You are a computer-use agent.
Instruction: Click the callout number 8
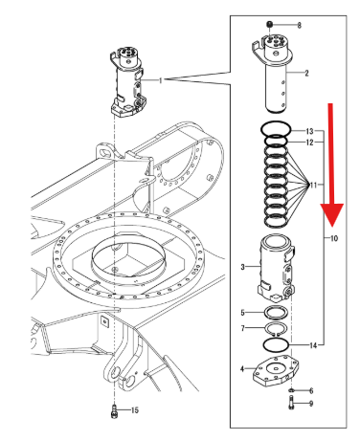[299, 25]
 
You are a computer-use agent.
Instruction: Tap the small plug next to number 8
[270, 24]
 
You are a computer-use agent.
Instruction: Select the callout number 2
[306, 73]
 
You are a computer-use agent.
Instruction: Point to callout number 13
[309, 131]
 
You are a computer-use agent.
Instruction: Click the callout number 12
[309, 143]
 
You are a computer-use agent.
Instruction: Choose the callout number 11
[313, 185]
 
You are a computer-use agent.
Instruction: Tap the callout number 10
[333, 238]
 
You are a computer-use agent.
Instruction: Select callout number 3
[243, 267]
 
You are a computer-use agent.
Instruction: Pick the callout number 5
[243, 313]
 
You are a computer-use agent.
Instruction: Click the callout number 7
[243, 328]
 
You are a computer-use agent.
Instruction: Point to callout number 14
[313, 345]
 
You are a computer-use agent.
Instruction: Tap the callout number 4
[242, 369]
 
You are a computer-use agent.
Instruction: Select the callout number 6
[311, 390]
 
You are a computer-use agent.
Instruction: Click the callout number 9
[311, 404]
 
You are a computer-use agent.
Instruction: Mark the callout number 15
[135, 410]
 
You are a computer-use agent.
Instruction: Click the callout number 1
[161, 80]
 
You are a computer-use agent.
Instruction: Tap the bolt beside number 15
[114, 410]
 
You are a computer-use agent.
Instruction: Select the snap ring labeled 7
[276, 323]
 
